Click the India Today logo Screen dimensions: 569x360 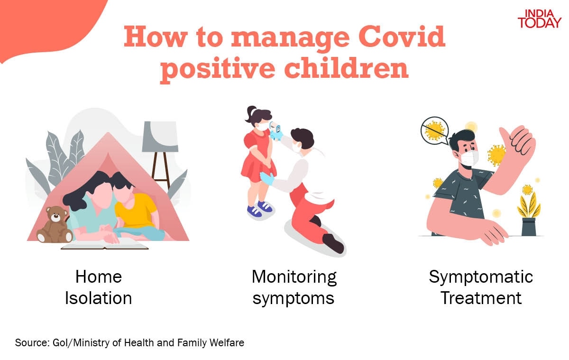click(x=539, y=19)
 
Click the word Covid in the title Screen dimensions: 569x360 click(x=402, y=37)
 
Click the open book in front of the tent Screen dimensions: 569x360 click(x=105, y=244)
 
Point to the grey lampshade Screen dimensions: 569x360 click(x=160, y=137)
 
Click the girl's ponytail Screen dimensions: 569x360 click(x=251, y=113)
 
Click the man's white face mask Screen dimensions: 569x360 click(x=468, y=157)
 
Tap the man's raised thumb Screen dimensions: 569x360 click(x=505, y=136)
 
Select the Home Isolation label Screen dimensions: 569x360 click(x=99, y=287)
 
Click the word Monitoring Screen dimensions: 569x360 click(x=294, y=277)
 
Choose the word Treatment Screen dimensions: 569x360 click(x=481, y=298)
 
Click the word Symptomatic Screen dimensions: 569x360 click(x=481, y=277)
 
